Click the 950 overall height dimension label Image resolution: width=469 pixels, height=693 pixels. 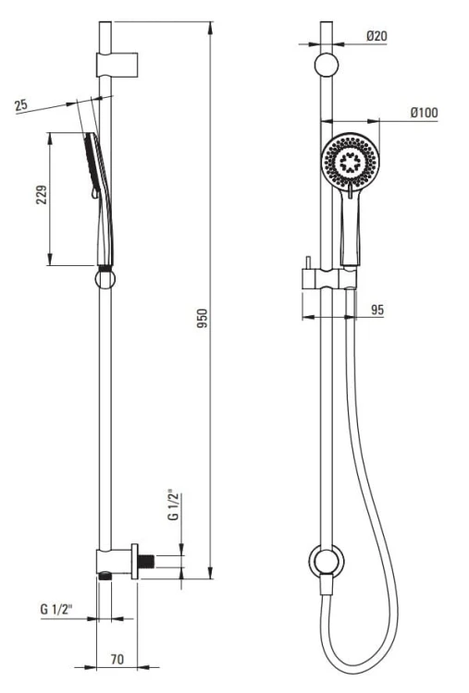202,318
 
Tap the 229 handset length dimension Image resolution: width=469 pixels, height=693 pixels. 41,194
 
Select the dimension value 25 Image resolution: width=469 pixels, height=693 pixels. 20,105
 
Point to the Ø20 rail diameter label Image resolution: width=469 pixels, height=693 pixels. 377,36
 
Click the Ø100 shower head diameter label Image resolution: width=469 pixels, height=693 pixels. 425,113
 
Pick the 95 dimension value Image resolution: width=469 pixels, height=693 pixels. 377,310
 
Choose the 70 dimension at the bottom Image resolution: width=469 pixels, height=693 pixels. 117,660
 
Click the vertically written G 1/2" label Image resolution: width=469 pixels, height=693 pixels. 174,505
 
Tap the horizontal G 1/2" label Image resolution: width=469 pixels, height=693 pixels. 56,610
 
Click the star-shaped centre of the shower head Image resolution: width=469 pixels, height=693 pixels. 350,162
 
